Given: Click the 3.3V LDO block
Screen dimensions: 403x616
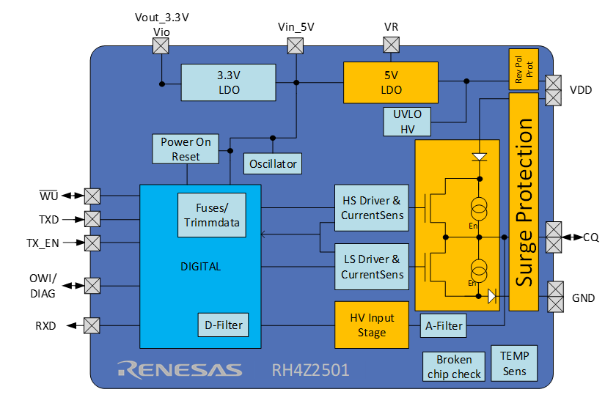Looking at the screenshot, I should pyautogui.click(x=228, y=83).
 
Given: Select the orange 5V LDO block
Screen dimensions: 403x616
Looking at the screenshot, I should pyautogui.click(x=391, y=82).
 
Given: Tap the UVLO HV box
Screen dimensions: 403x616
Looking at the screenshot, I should pyautogui.click(x=407, y=121).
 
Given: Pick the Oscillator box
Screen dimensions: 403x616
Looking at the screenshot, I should pyautogui.click(x=273, y=163).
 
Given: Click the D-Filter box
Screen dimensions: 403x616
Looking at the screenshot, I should pyautogui.click(x=221, y=325).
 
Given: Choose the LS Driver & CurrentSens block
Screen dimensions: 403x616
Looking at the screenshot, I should pyautogui.click(x=372, y=267).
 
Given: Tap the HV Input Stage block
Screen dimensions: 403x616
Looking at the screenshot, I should pyautogui.click(x=371, y=325).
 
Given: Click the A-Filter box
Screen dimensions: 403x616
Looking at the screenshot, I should pyautogui.click(x=444, y=325).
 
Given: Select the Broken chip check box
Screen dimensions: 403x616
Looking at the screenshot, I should pyautogui.click(x=454, y=366).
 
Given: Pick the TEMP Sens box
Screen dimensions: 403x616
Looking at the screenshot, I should pyautogui.click(x=514, y=361).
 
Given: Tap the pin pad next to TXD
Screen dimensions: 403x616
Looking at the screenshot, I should pyautogui.click(x=92, y=219).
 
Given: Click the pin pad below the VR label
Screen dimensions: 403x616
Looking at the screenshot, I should pyautogui.click(x=391, y=45).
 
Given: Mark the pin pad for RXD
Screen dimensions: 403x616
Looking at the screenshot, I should pyautogui.click(x=92, y=325).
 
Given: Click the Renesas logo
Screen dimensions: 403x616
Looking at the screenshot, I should pyautogui.click(x=180, y=369).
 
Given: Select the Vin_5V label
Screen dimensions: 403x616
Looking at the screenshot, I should pyautogui.click(x=296, y=27).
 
